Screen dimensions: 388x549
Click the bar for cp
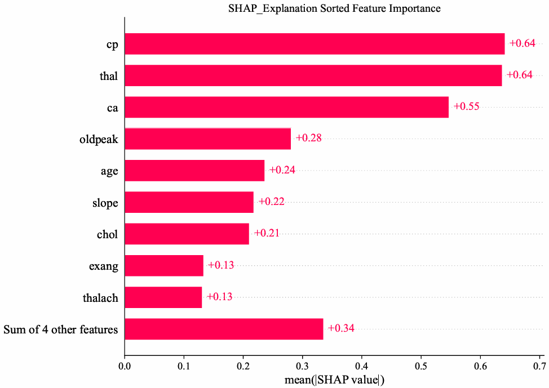click(315, 44)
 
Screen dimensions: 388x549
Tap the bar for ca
click(286, 107)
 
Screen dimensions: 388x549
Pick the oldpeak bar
click(207, 139)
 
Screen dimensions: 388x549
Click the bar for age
click(194, 171)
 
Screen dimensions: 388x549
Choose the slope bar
click(189, 202)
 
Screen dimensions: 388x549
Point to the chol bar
click(187, 234)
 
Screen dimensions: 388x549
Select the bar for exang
click(164, 266)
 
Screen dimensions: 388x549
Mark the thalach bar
click(163, 297)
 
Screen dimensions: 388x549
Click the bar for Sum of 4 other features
click(224, 329)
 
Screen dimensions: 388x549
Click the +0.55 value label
click(466, 106)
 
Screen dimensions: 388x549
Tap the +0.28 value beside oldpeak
click(308, 138)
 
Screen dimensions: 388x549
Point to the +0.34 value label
click(341, 328)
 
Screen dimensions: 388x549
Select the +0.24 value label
click(282, 170)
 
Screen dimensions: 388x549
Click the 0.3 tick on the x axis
click(303, 366)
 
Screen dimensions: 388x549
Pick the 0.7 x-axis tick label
click(539, 366)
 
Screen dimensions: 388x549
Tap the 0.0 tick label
click(125, 366)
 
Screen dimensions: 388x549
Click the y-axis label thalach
click(100, 298)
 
